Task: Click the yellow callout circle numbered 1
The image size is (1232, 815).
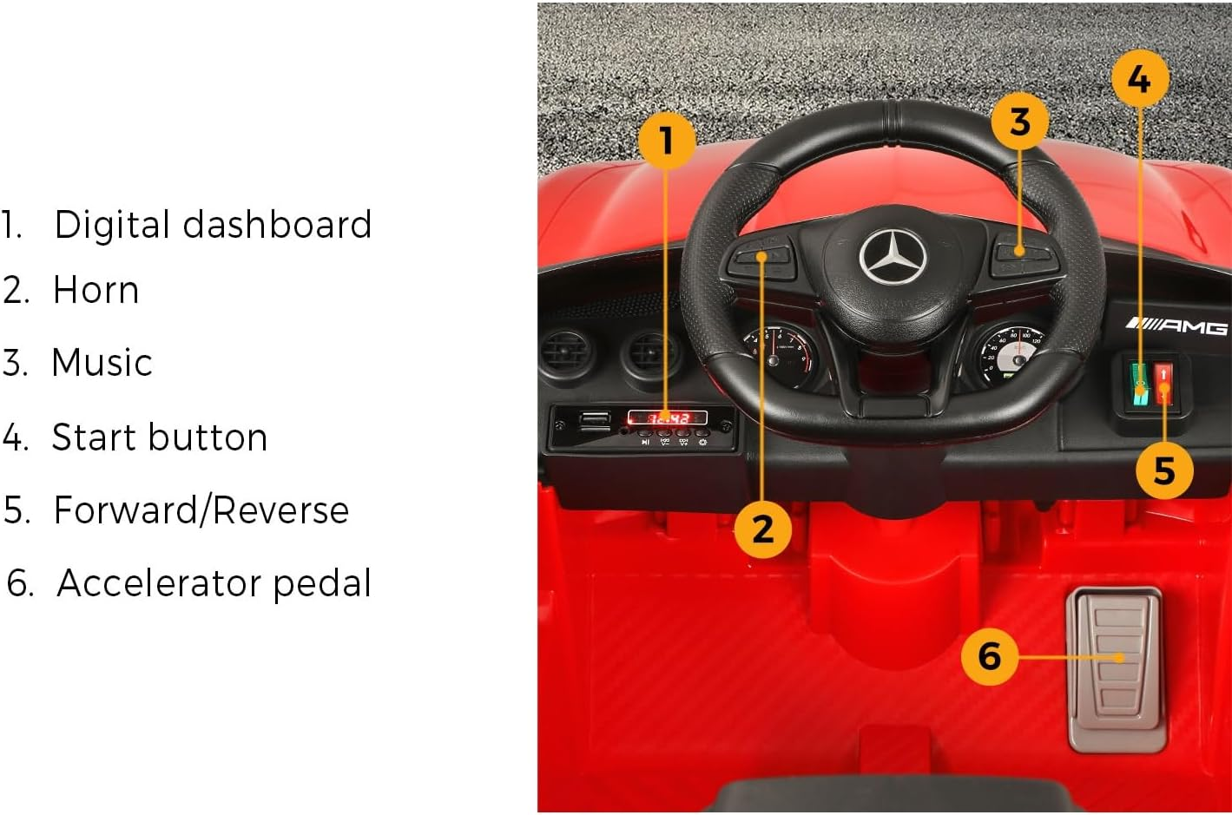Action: [x=667, y=140]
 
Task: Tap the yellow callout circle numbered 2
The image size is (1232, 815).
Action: [x=762, y=528]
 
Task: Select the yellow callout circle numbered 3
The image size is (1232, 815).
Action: [x=1020, y=122]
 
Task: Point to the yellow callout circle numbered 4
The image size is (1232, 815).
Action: [x=1139, y=79]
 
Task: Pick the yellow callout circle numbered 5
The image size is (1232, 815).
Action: [x=1164, y=471]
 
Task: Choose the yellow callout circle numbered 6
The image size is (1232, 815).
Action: [x=990, y=655]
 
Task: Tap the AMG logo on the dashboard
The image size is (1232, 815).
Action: [x=1176, y=326]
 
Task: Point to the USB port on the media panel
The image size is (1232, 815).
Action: [x=595, y=421]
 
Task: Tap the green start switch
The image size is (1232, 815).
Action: [x=1138, y=383]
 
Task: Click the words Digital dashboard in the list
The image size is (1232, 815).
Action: [x=213, y=225]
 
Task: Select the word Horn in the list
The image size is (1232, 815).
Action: [x=96, y=290]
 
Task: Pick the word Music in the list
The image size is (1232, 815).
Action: [x=102, y=363]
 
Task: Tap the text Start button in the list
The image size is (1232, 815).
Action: [x=159, y=437]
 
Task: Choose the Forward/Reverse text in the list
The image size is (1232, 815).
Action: [x=201, y=510]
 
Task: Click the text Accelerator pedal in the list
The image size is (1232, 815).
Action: [x=214, y=583]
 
